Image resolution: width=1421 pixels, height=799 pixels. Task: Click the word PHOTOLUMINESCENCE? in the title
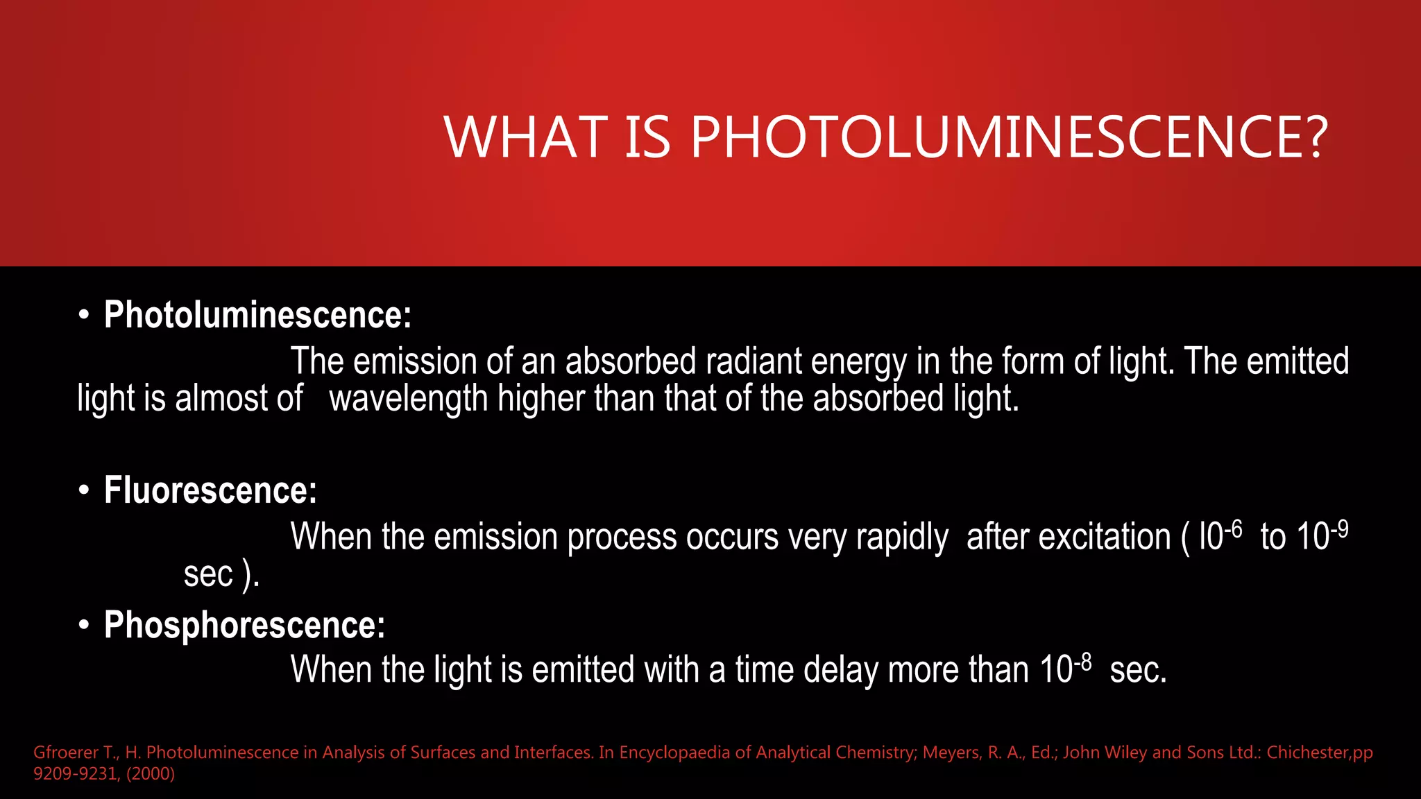pos(1009,137)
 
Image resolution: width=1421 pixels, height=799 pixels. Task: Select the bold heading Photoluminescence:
pos(257,315)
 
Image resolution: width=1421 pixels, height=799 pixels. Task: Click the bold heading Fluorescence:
pos(210,490)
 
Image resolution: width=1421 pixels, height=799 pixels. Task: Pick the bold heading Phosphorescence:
pos(244,625)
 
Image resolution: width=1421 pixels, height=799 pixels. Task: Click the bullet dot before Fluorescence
pos(84,491)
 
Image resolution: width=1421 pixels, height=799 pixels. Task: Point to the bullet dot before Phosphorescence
pos(84,626)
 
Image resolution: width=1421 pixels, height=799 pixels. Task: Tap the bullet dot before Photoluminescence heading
pos(84,316)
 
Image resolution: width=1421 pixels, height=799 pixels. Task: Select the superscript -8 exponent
pos(1082,663)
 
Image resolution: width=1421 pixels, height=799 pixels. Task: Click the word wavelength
pos(408,399)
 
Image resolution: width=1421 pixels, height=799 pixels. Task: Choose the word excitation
pos(1069,538)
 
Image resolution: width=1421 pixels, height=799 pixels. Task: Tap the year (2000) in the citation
pos(151,773)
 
